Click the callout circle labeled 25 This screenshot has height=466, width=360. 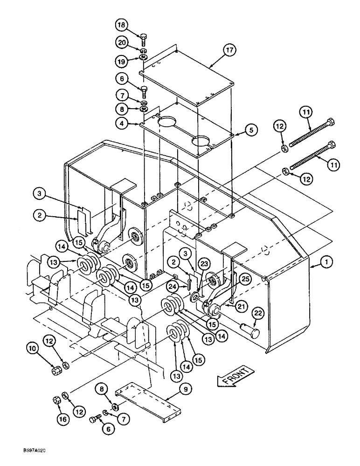coord(245,279)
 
